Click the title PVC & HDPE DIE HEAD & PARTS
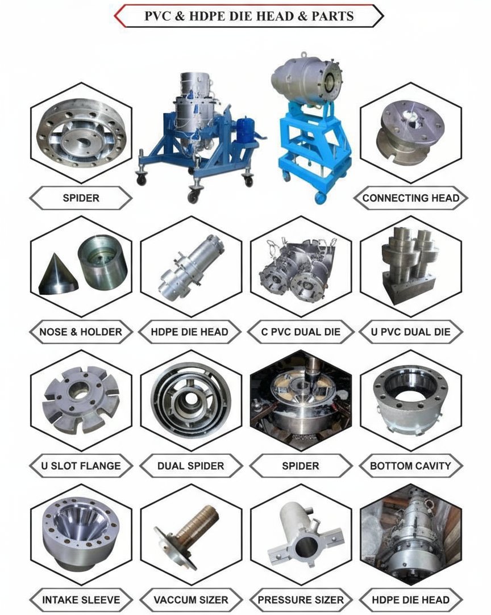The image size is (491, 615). pos(249,16)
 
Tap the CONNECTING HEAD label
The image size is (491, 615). pos(410,198)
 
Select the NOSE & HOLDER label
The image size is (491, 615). pos(81,332)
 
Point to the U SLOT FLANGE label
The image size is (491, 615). pos(81,466)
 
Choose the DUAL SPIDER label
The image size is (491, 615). pos(191,466)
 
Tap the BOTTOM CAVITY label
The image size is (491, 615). pos(410,466)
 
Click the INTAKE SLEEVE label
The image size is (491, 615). pos(81,600)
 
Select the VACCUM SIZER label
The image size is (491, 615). pos(191,600)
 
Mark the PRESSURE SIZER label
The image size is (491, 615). pos(301,600)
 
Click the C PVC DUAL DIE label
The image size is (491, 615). pos(301,332)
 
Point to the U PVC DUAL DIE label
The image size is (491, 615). pos(410,332)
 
